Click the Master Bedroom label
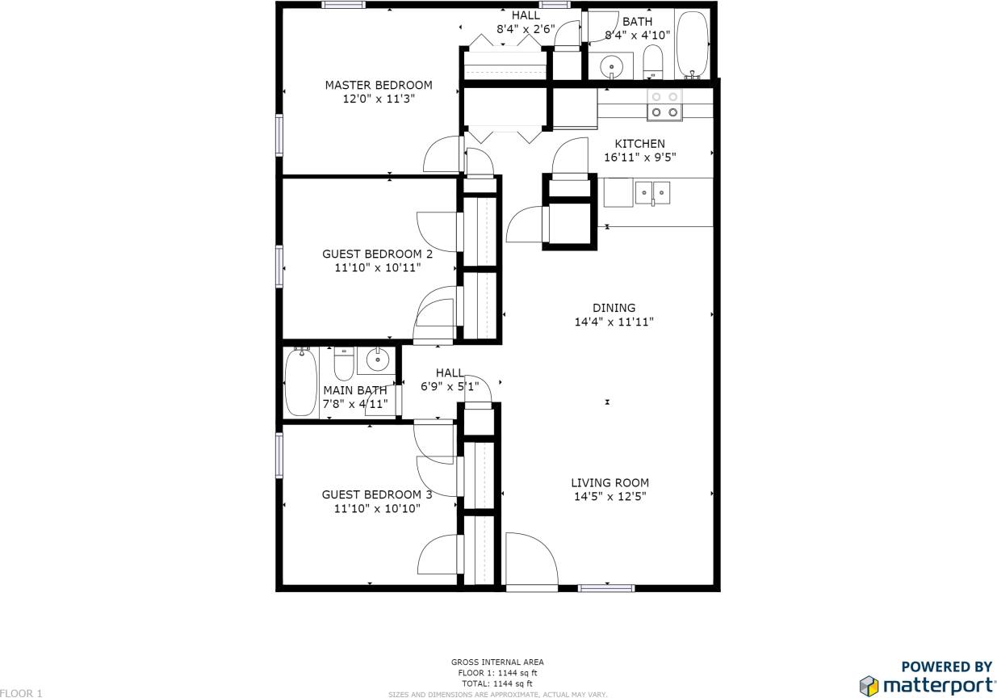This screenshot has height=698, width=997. (x=378, y=85)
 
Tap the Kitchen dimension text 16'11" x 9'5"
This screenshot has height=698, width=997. (x=639, y=158)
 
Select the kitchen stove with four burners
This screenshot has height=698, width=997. (x=664, y=104)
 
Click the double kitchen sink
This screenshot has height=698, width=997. (x=652, y=192)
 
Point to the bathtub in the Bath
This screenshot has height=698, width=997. (x=692, y=44)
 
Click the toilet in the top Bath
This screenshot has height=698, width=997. (x=652, y=62)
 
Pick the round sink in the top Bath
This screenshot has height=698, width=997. (x=613, y=65)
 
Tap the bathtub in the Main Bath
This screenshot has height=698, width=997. (x=300, y=382)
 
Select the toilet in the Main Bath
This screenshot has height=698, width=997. (x=345, y=364)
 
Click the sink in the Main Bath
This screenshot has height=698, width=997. (x=376, y=360)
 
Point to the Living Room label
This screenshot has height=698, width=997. (x=610, y=483)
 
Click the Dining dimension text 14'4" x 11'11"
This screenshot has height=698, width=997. (x=614, y=322)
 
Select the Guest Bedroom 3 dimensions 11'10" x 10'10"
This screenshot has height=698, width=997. (x=377, y=509)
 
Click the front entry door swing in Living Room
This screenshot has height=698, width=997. (x=530, y=559)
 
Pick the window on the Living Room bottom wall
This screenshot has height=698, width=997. (x=606, y=588)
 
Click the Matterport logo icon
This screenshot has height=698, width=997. (x=869, y=686)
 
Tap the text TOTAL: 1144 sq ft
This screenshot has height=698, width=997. (x=497, y=683)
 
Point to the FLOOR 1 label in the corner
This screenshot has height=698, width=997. (x=21, y=693)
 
